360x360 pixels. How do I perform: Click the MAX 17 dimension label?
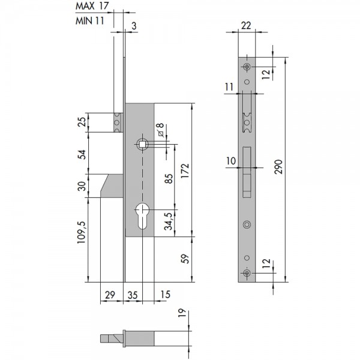[92, 6]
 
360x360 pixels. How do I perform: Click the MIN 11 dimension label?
[90, 21]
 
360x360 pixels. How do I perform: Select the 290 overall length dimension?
[278, 167]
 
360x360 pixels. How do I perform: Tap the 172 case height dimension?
[185, 171]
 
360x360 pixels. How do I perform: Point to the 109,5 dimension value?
[82, 232]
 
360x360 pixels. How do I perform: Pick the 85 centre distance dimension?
[169, 179]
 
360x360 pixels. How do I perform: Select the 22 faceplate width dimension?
[246, 25]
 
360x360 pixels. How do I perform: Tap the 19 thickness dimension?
[182, 313]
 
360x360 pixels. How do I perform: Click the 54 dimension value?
[82, 155]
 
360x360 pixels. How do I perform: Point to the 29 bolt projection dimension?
[110, 295]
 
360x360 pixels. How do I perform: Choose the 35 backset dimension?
[133, 295]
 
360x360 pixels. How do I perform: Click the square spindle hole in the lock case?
[142, 144]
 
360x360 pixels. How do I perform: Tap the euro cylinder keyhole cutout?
[142, 216]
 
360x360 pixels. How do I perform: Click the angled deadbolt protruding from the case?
[112, 186]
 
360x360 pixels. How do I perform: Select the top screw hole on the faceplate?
[247, 67]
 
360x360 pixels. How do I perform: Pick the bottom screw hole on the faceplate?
[247, 273]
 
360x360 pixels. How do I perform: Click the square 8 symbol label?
[161, 130]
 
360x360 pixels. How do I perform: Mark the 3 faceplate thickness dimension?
[134, 26]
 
